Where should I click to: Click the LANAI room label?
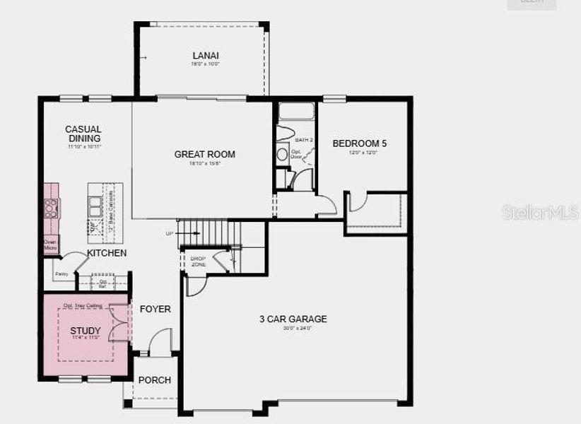pyautogui.click(x=206, y=56)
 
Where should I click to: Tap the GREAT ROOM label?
pyautogui.click(x=205, y=154)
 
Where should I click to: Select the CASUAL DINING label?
pyautogui.click(x=83, y=134)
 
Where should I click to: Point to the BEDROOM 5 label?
pyautogui.click(x=359, y=143)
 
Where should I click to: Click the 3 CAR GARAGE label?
pyautogui.click(x=293, y=319)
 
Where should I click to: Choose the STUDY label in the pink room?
pyautogui.click(x=85, y=331)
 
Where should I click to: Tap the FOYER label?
pyautogui.click(x=155, y=309)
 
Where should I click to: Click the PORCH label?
pyautogui.click(x=154, y=379)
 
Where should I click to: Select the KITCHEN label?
pyautogui.click(x=107, y=253)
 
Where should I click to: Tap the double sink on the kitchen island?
pyautogui.click(x=95, y=205)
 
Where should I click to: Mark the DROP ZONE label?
pyautogui.click(x=198, y=261)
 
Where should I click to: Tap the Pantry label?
pyautogui.click(x=61, y=273)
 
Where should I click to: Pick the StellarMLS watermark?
pyautogui.click(x=541, y=213)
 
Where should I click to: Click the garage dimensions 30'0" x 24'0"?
pyautogui.click(x=293, y=328)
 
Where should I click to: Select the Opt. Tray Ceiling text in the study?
pyautogui.click(x=83, y=305)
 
